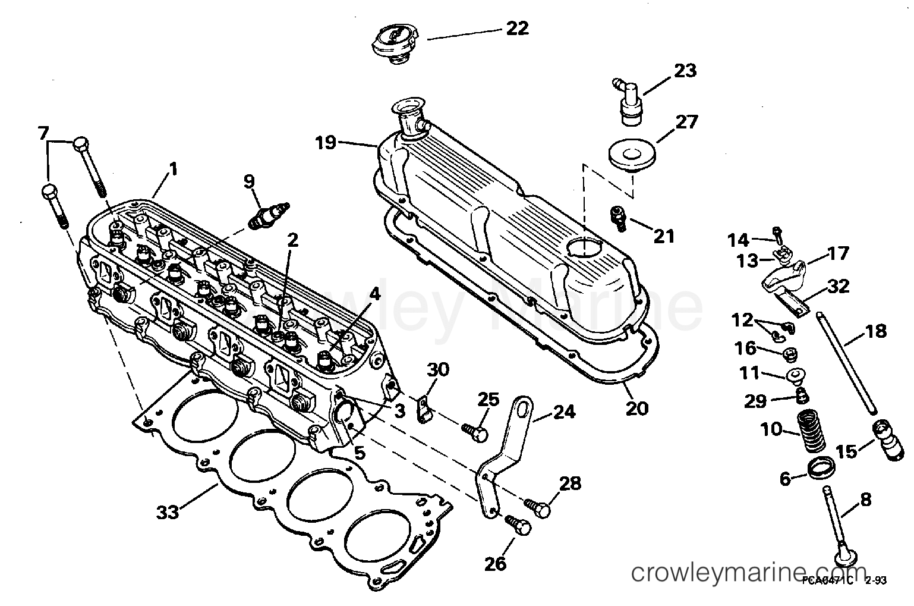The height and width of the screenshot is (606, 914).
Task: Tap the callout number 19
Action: click(326, 143)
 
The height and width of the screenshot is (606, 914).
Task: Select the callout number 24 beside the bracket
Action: click(563, 411)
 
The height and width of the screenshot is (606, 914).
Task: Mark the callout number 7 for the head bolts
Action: click(42, 134)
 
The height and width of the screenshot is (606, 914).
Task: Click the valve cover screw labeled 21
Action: click(618, 216)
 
